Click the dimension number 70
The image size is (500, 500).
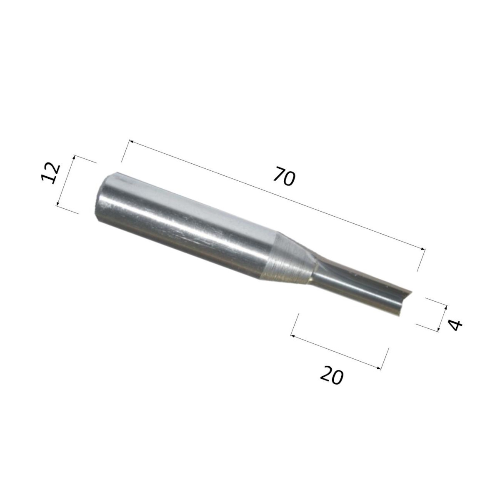coord(285,177)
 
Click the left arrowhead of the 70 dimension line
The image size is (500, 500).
coord(131,142)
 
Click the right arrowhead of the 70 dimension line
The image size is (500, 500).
coord(422,249)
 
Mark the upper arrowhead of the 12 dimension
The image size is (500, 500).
coord(74,157)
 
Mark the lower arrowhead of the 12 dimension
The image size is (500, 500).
coord(58,203)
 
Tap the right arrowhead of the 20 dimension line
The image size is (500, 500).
coord(379,367)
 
